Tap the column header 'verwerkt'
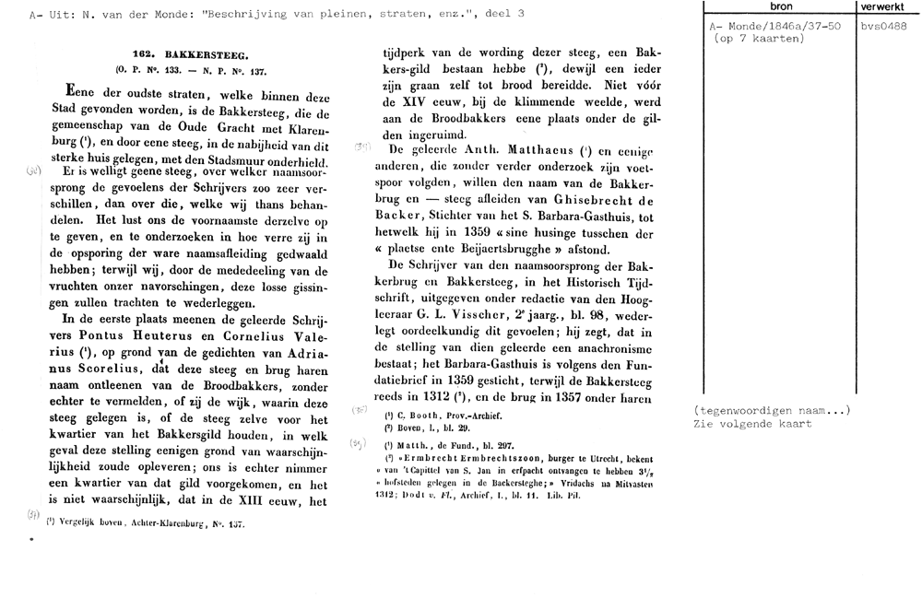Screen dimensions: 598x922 pyautogui.click(x=881, y=8)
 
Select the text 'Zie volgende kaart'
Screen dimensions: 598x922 pyautogui.click(x=751, y=424)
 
